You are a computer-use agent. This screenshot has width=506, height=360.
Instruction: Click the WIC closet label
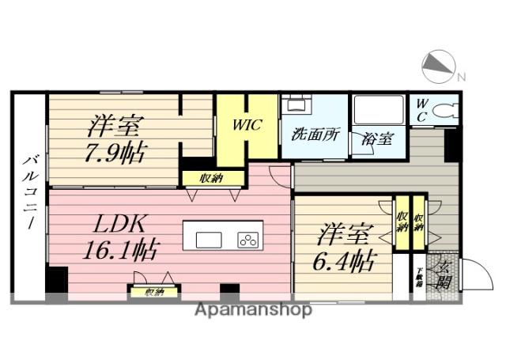(x=247, y=125)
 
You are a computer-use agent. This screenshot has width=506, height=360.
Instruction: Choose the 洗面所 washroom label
(x=315, y=134)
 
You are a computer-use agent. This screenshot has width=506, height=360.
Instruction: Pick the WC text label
(x=421, y=110)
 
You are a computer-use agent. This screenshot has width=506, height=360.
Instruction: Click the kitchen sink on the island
(x=209, y=240)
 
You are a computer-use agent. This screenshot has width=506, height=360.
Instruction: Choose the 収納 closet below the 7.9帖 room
(x=210, y=178)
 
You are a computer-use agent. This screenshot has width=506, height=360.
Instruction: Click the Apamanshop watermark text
(x=253, y=309)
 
